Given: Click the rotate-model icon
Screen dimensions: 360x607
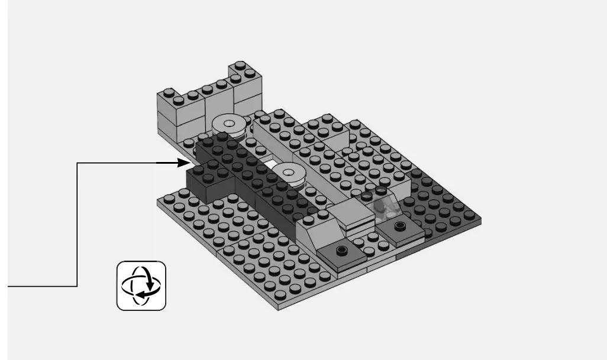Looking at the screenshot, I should pyautogui.click(x=141, y=286).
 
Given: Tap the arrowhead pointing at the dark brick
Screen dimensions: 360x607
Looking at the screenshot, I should pyautogui.click(x=181, y=162).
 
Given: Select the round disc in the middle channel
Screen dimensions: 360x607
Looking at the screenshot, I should pyautogui.click(x=289, y=173).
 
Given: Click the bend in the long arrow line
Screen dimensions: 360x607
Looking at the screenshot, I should pyautogui.click(x=78, y=163).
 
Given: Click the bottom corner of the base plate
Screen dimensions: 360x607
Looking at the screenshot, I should pyautogui.click(x=280, y=308).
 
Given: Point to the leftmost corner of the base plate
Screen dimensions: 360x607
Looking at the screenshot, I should pyautogui.click(x=159, y=203).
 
